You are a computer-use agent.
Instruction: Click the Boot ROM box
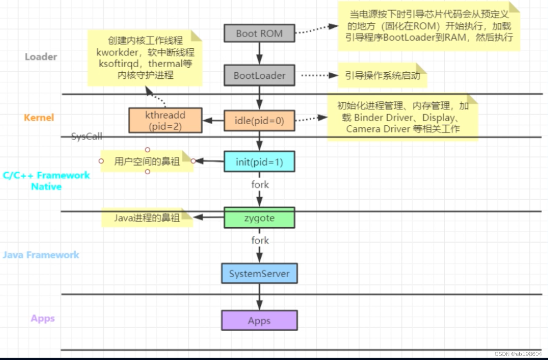click(x=259, y=33)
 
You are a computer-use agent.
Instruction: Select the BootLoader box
click(x=259, y=75)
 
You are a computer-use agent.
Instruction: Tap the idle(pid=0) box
click(x=259, y=121)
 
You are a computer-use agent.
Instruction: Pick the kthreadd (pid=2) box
click(x=165, y=121)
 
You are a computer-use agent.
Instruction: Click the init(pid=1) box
click(x=259, y=162)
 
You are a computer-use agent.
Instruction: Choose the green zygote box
click(x=259, y=218)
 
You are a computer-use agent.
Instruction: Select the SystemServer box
click(x=259, y=273)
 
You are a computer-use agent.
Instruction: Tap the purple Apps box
click(x=259, y=321)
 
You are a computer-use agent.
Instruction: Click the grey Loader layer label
click(x=41, y=57)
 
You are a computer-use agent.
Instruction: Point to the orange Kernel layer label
click(x=39, y=118)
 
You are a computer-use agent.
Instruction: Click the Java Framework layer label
click(x=41, y=255)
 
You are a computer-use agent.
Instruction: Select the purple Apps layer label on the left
click(x=43, y=319)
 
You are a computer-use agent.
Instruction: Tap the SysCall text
click(x=87, y=136)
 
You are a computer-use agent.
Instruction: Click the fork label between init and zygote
click(x=260, y=185)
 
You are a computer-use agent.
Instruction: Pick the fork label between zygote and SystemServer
click(x=260, y=240)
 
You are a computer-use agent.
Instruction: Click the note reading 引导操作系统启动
click(x=382, y=75)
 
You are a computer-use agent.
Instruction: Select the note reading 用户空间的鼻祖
click(x=146, y=161)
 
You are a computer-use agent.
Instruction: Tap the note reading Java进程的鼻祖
click(x=146, y=218)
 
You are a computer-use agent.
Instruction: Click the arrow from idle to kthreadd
click(x=213, y=121)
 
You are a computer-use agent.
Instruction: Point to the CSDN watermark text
click(x=518, y=354)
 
